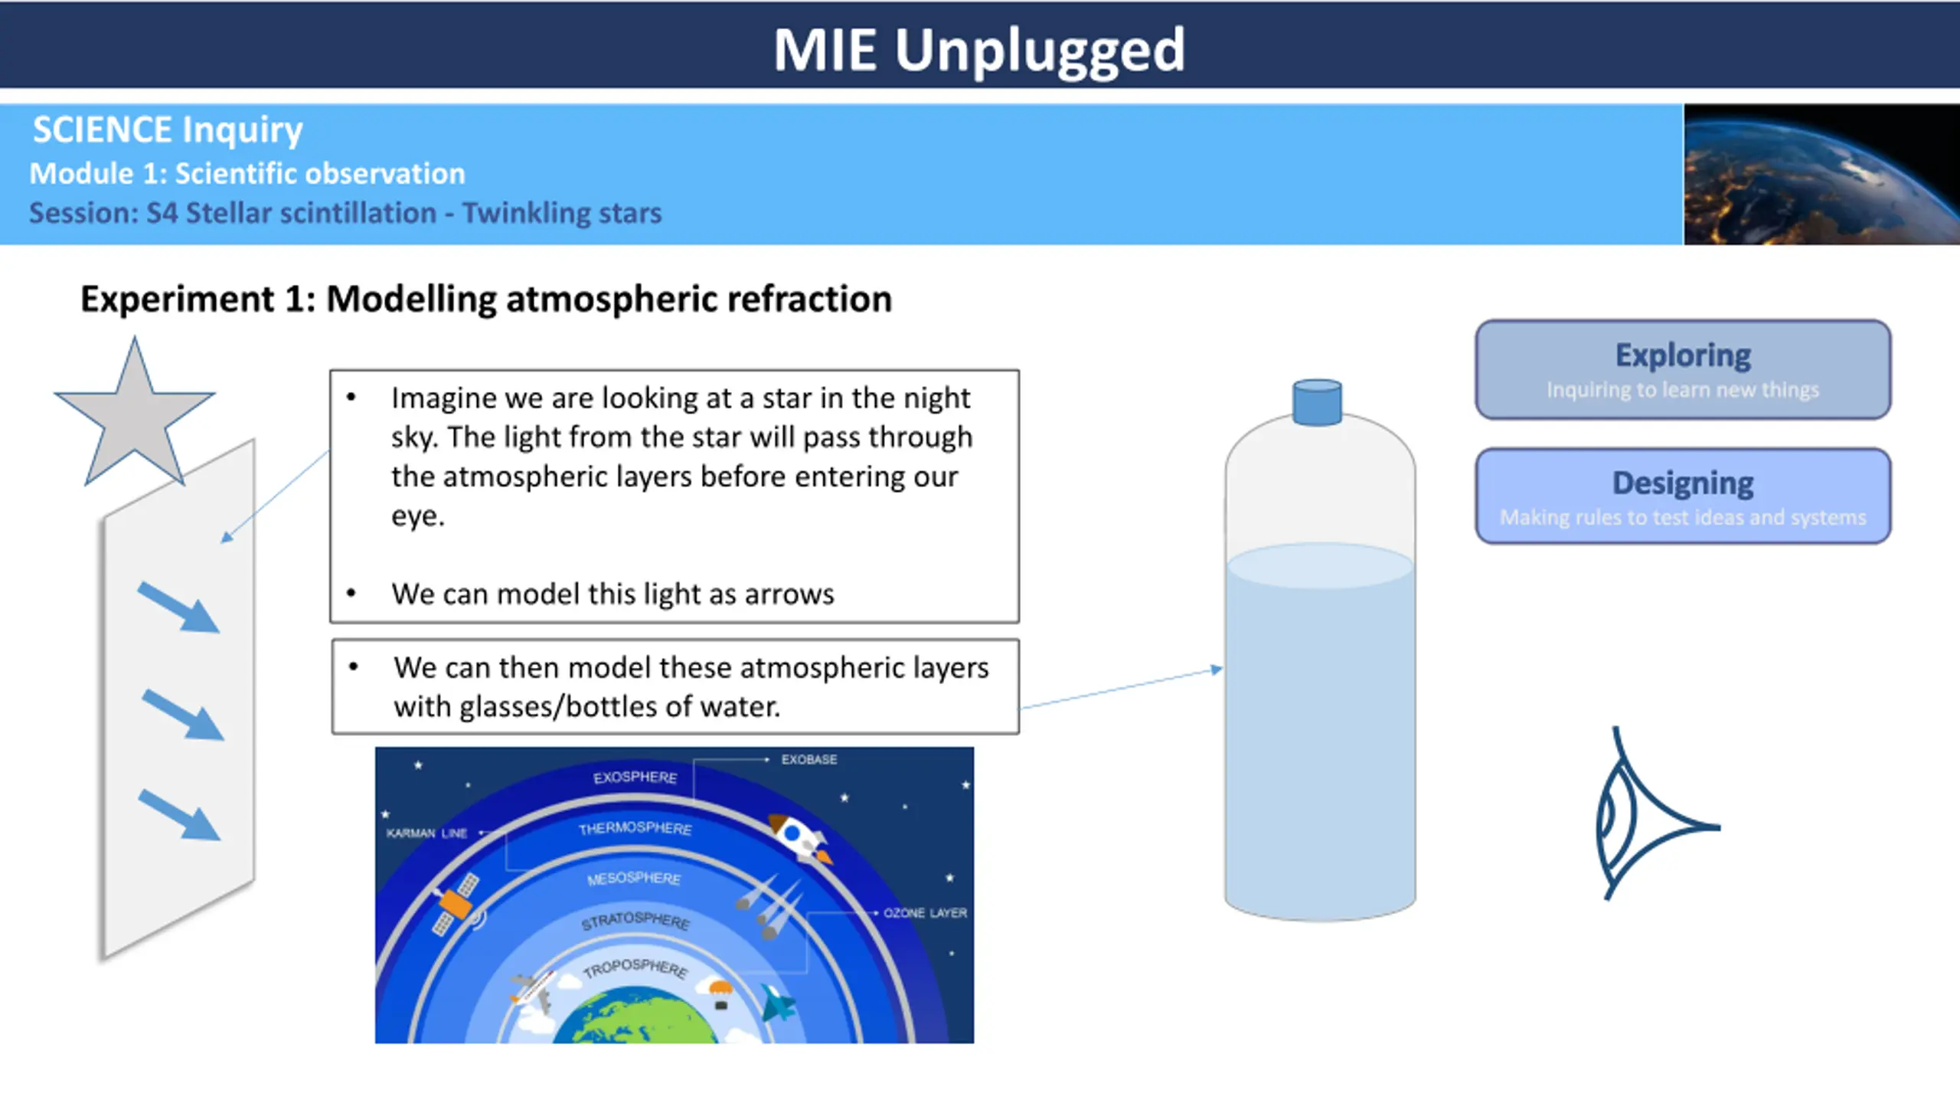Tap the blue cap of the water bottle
point(1317,401)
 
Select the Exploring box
point(1683,369)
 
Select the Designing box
point(1683,496)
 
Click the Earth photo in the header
point(1821,175)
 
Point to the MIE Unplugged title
point(979,50)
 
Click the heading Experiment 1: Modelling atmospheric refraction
point(486,299)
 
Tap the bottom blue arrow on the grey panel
point(179,816)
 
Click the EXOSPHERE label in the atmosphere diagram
point(635,777)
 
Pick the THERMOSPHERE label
point(635,828)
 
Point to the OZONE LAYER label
point(925,913)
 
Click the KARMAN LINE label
point(426,833)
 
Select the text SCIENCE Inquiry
point(168,130)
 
